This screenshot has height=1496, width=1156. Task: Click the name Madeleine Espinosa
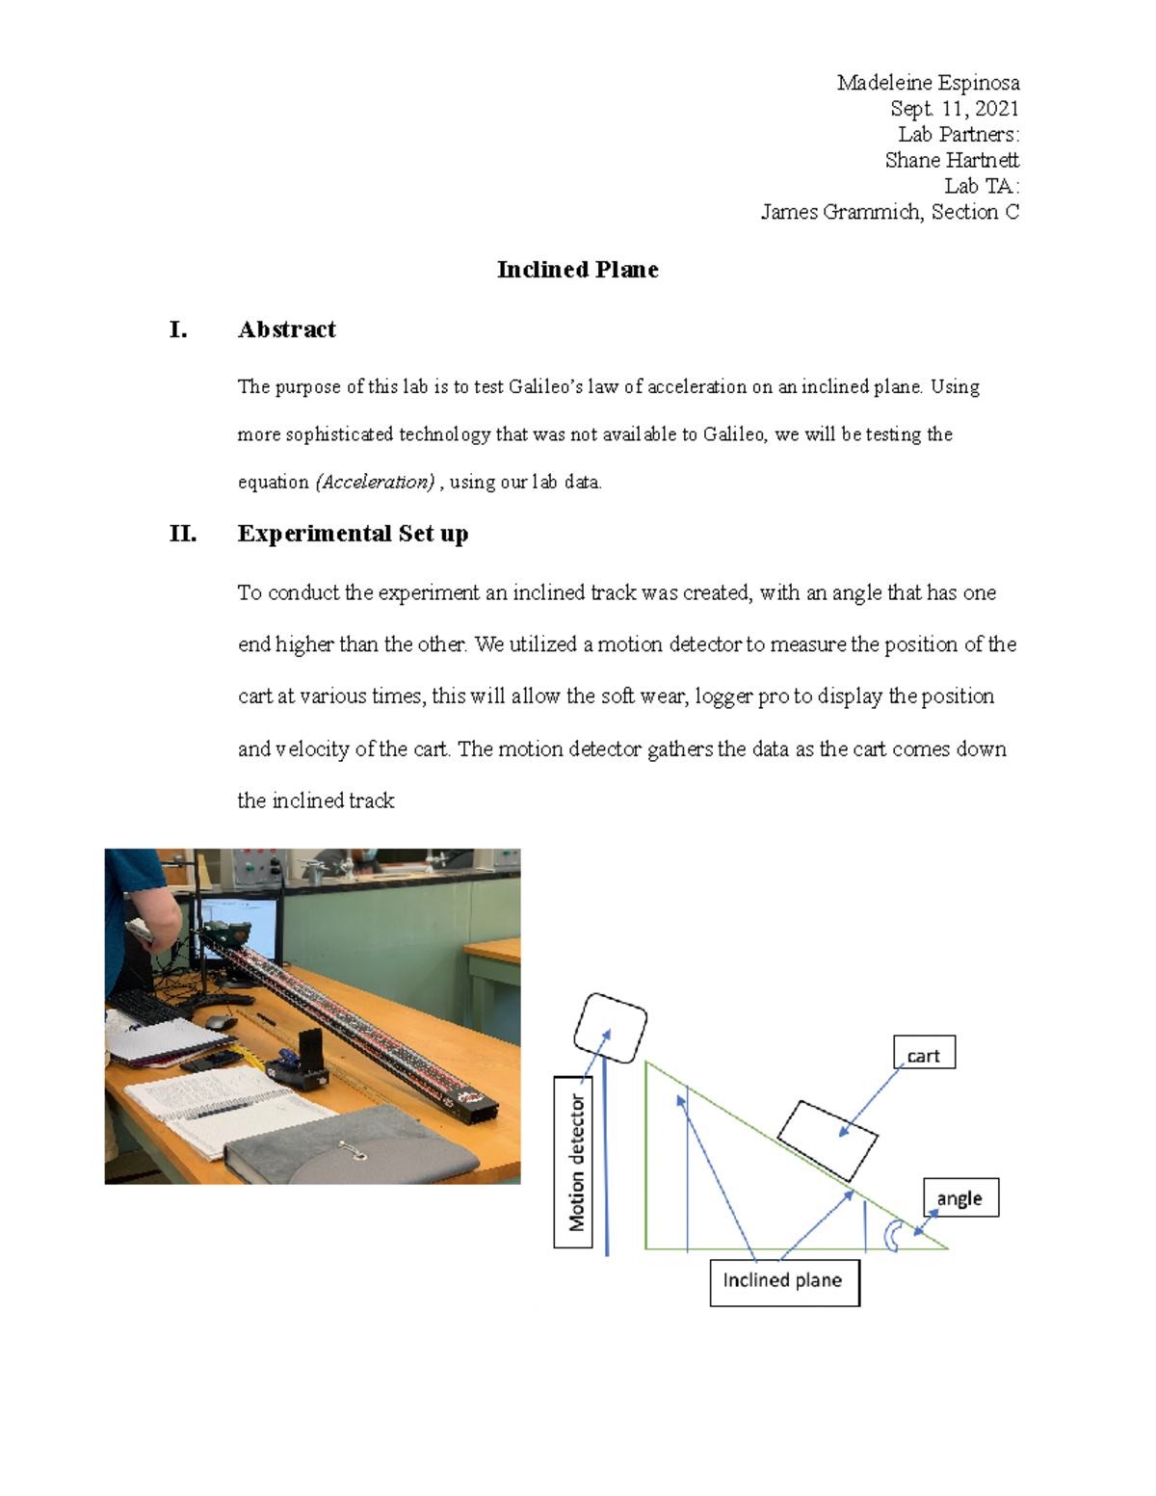pyautogui.click(x=928, y=83)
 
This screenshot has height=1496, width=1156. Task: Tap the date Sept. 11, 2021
pyautogui.click(x=954, y=109)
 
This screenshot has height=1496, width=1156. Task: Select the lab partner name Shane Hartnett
pyautogui.click(x=951, y=160)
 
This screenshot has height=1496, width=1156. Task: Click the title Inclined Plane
pyautogui.click(x=577, y=270)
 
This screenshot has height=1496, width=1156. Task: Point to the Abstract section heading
pyautogui.click(x=286, y=329)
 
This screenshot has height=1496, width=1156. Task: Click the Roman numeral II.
pyautogui.click(x=182, y=534)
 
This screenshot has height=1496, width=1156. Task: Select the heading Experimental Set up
pyautogui.click(x=353, y=534)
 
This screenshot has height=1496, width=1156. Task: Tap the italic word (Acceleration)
pyautogui.click(x=375, y=482)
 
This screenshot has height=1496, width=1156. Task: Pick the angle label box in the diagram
pyautogui.click(x=959, y=1198)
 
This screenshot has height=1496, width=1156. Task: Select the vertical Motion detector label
pyautogui.click(x=574, y=1162)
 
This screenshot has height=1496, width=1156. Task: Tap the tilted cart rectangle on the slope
pyautogui.click(x=827, y=1141)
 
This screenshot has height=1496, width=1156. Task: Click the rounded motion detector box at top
pyautogui.click(x=610, y=1028)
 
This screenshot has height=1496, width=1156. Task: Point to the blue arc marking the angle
pyautogui.click(x=892, y=1236)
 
